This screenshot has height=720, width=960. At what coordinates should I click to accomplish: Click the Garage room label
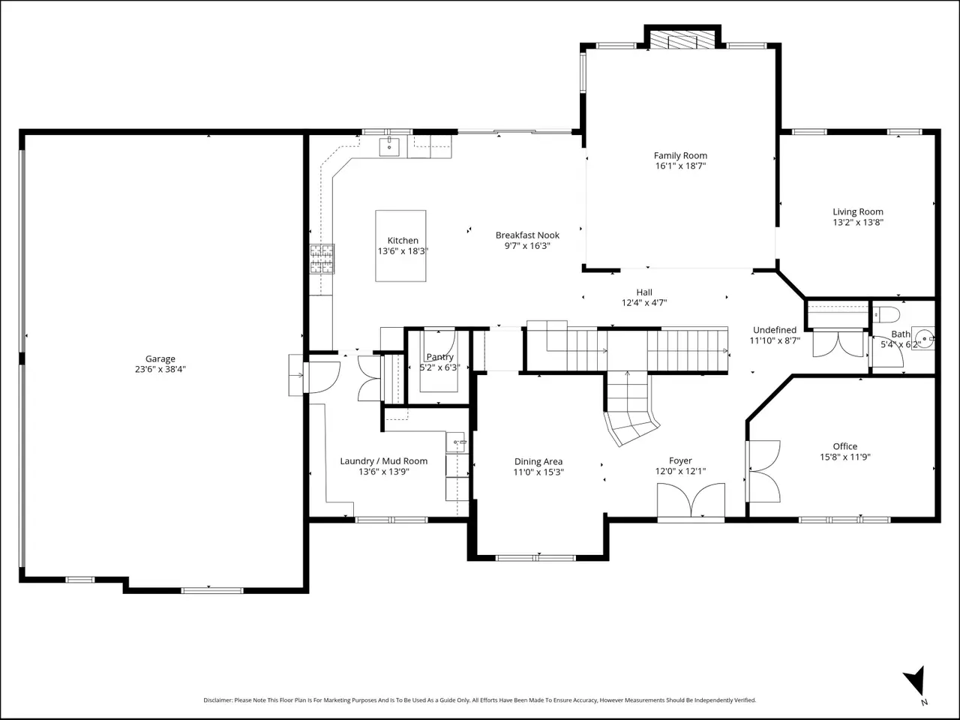160,359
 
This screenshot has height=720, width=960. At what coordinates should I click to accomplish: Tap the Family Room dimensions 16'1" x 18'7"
680,166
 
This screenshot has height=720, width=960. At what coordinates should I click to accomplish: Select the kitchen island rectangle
400,246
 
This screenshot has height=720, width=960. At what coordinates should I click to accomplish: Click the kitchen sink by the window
388,146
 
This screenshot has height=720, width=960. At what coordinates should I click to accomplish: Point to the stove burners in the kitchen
322,259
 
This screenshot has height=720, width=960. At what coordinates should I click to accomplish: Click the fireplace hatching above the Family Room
682,40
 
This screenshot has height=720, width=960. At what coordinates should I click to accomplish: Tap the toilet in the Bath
886,314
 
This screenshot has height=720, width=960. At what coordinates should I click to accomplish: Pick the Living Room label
858,212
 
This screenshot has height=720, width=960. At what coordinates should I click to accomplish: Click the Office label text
845,446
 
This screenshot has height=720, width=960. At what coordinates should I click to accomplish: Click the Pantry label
440,357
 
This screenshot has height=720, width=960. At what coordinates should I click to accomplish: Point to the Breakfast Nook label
527,235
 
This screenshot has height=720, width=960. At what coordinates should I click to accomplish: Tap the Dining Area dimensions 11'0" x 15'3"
538,472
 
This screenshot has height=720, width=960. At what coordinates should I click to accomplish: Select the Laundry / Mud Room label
383,461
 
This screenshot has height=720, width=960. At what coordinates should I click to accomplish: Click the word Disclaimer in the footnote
217,700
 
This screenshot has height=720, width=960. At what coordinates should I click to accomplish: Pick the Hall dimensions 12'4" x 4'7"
644,302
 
